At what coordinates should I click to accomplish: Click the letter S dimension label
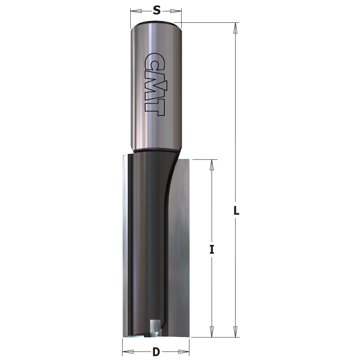tap(156, 10)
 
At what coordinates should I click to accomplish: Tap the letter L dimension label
tap(236, 211)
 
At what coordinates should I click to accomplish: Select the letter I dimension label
tap(212, 249)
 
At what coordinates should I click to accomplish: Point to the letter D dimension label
tap(156, 352)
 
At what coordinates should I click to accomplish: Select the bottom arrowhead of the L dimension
tap(236, 332)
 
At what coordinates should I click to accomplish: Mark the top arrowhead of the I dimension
tap(212, 165)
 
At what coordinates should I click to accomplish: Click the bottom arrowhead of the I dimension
tap(212, 332)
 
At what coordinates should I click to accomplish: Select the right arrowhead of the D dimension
tap(184, 352)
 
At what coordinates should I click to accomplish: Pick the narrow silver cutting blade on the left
tap(125, 246)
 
